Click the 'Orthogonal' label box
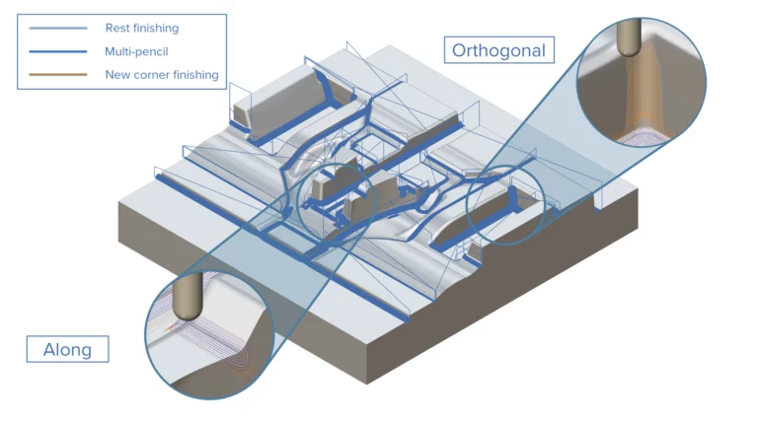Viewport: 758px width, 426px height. click(497, 49)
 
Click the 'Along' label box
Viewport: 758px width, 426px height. click(67, 349)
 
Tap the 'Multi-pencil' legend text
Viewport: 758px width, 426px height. click(136, 51)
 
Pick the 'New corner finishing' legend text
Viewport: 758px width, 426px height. click(161, 74)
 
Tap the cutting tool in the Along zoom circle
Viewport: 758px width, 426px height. click(185, 300)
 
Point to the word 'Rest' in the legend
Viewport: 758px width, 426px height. click(116, 29)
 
